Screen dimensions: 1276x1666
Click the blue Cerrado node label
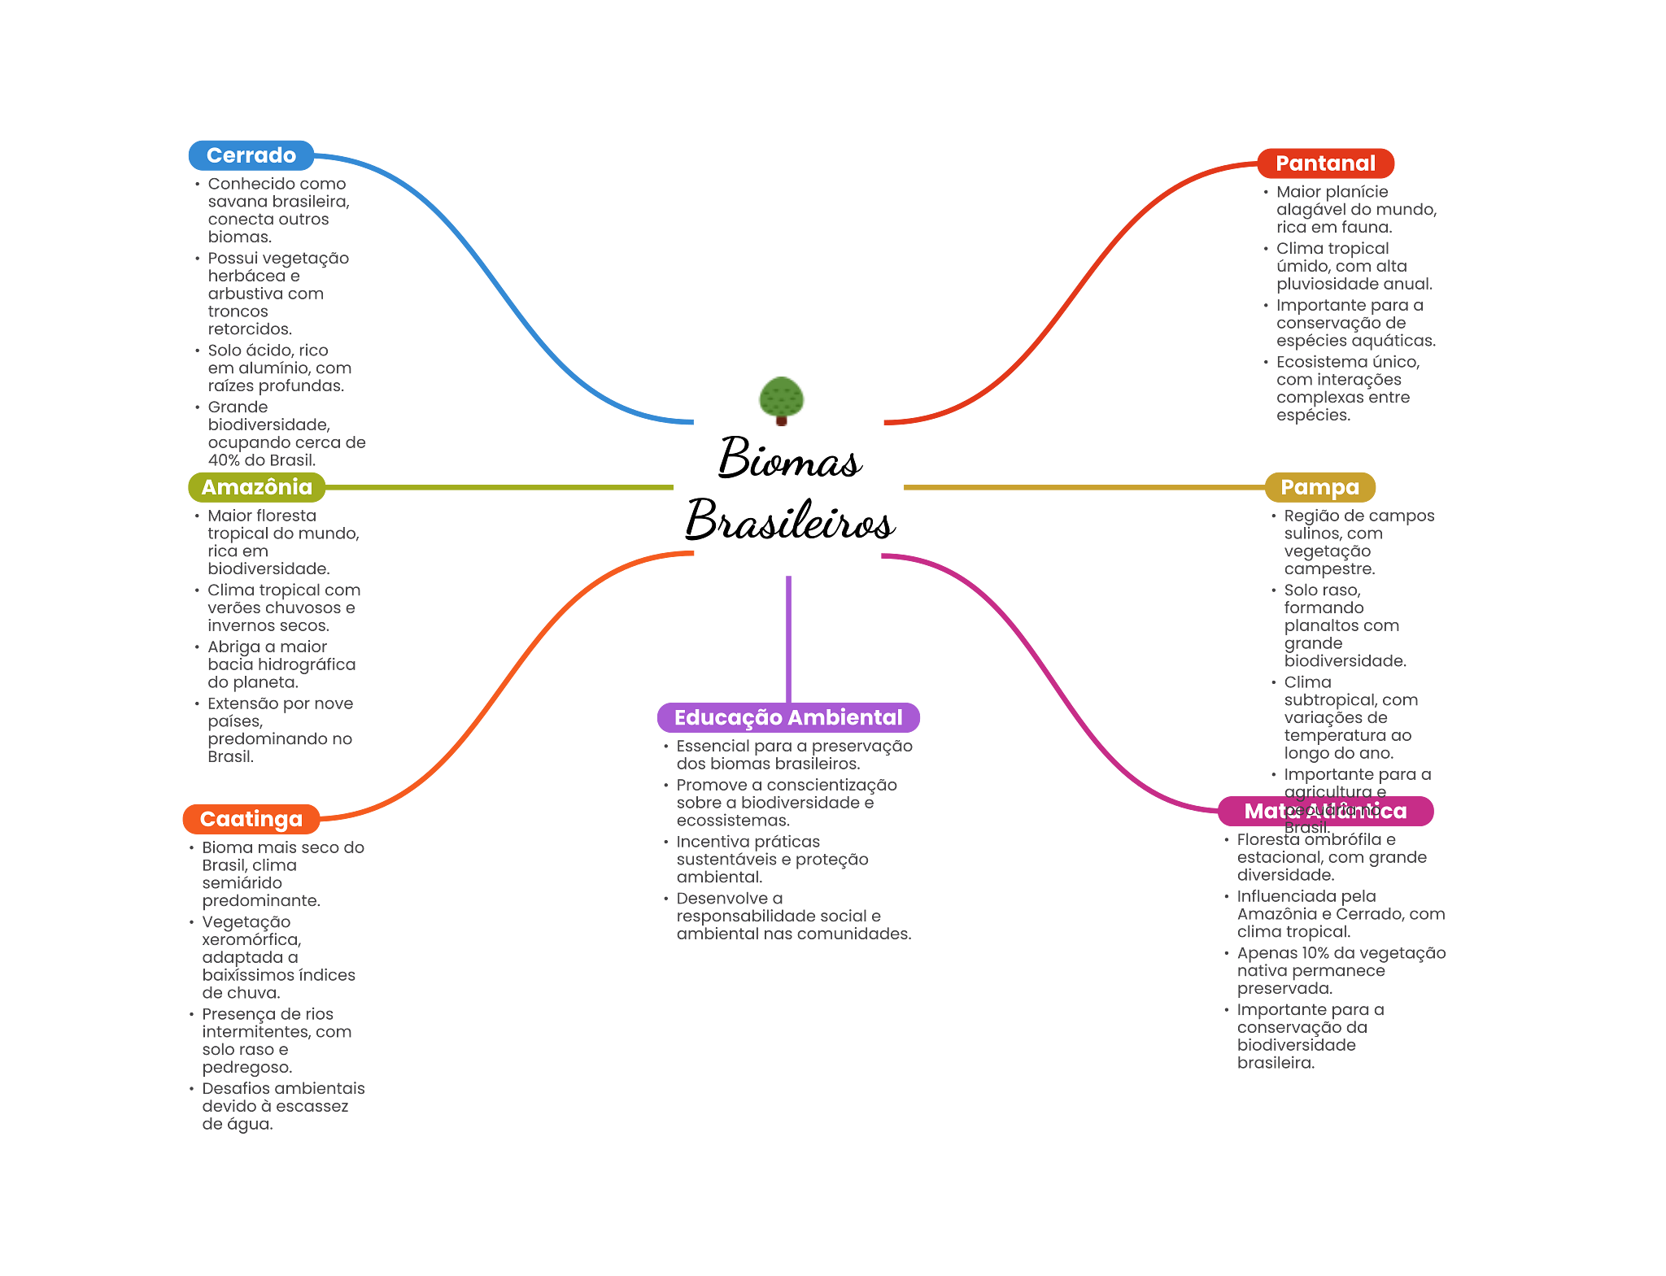(x=251, y=155)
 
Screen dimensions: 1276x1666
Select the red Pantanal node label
(x=1325, y=163)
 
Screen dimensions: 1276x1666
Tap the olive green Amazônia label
(x=256, y=487)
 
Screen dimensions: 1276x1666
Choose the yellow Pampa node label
(x=1319, y=487)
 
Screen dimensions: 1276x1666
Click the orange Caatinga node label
(x=251, y=819)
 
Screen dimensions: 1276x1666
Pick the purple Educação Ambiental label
(x=787, y=717)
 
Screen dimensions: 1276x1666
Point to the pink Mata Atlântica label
(x=1325, y=811)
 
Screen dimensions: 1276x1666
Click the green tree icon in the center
(x=781, y=396)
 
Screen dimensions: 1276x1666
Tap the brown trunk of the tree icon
(x=781, y=422)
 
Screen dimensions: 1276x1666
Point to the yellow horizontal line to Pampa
(x=1082, y=487)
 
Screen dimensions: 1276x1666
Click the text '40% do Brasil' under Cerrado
(x=260, y=460)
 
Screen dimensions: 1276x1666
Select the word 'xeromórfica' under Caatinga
(x=251, y=940)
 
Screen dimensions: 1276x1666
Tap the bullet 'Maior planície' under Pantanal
(x=1332, y=192)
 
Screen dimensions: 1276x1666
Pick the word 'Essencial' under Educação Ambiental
(x=712, y=747)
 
